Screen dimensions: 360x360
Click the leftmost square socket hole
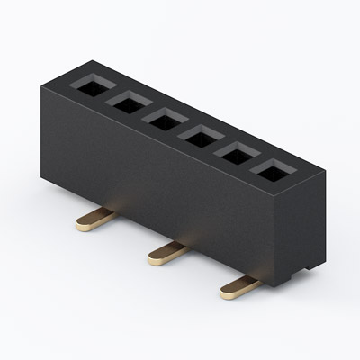(x=92, y=86)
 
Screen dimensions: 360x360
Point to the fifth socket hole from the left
(x=235, y=155)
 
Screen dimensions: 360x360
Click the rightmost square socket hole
(x=271, y=171)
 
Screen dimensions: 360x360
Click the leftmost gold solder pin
(x=95, y=219)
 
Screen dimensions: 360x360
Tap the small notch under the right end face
(x=310, y=267)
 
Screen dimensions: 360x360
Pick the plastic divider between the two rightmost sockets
(x=253, y=163)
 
